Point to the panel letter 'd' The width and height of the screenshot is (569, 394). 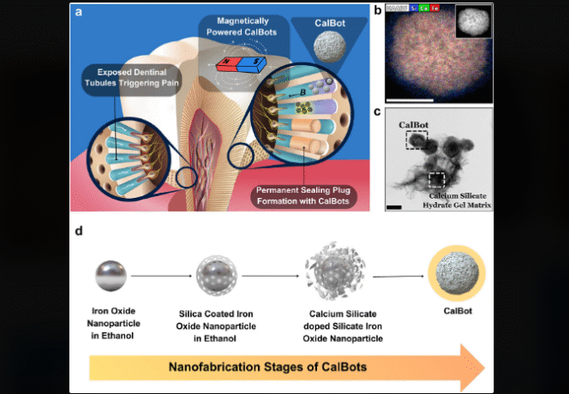(80, 231)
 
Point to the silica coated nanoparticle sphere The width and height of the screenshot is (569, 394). (216, 276)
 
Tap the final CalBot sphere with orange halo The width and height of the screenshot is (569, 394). (455, 273)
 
